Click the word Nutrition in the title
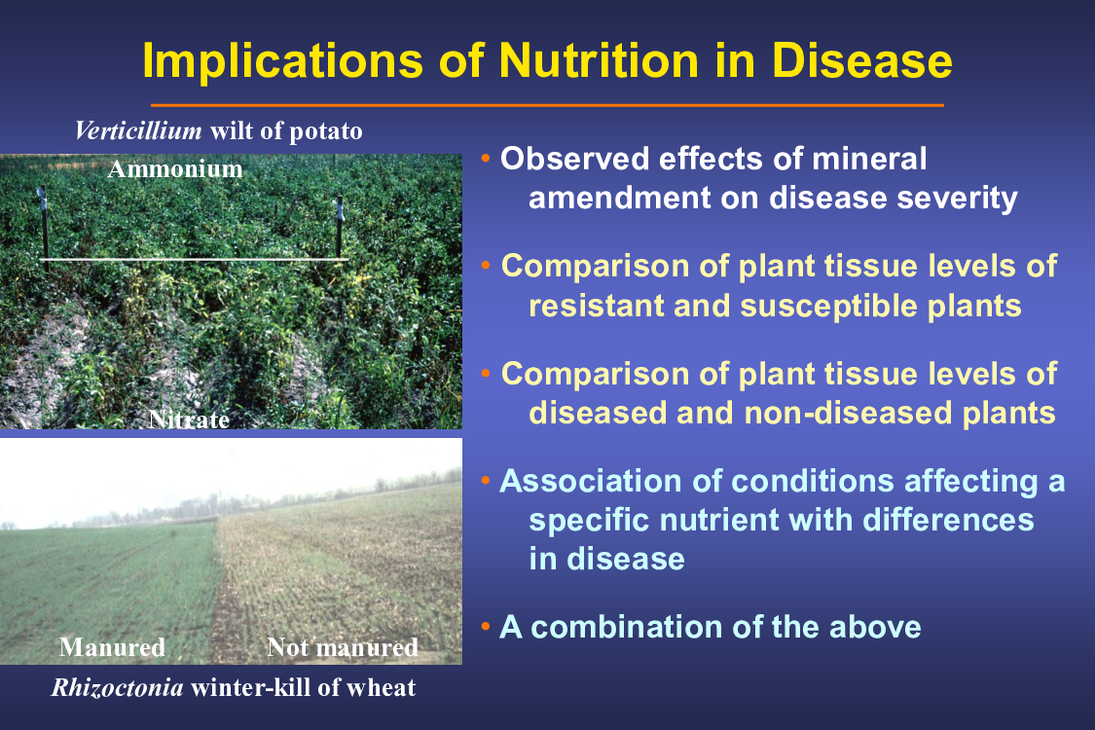click(x=599, y=60)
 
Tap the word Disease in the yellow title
click(x=861, y=60)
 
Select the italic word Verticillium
click(x=138, y=130)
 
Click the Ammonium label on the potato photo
click(x=175, y=169)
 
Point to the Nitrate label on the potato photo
click(x=189, y=420)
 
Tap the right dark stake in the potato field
click(x=340, y=225)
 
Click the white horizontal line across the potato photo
click(x=194, y=260)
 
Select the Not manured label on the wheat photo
click(x=343, y=647)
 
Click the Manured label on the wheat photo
click(x=113, y=647)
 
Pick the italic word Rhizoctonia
click(x=118, y=688)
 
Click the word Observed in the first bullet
click(x=574, y=159)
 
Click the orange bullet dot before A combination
click(x=486, y=626)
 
